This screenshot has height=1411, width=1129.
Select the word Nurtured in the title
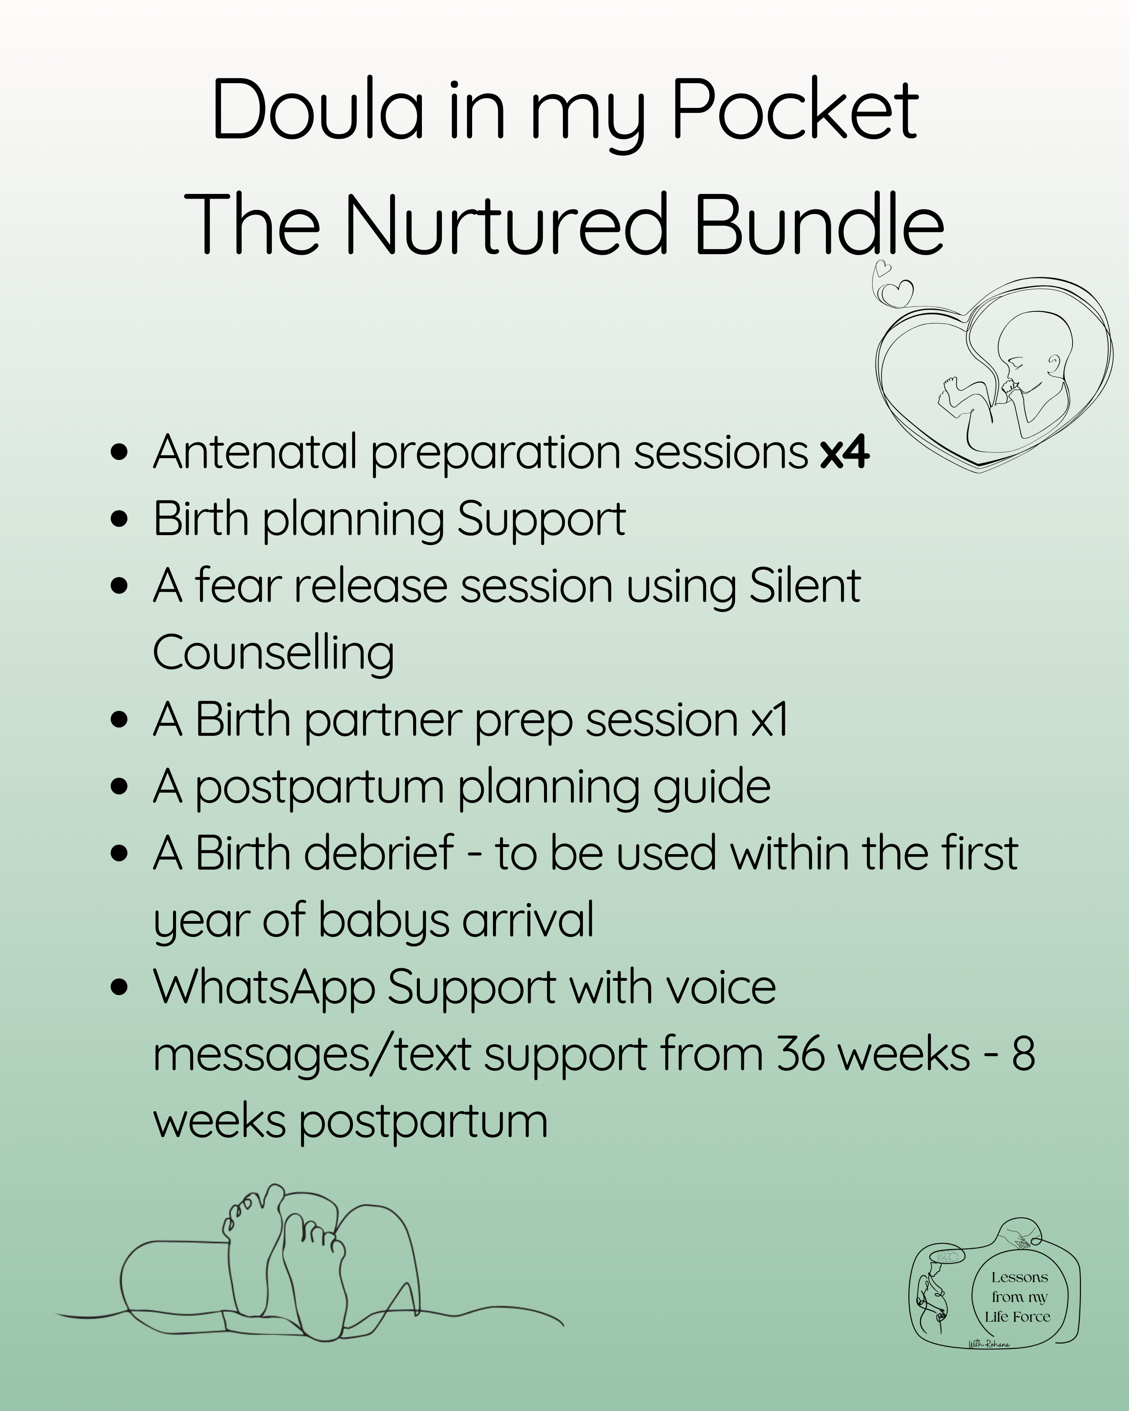505,224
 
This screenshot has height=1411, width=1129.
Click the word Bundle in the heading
820,224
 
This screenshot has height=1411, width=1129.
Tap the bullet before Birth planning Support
119,519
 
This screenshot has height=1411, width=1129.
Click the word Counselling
273,653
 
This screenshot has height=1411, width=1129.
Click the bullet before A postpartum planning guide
119,787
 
